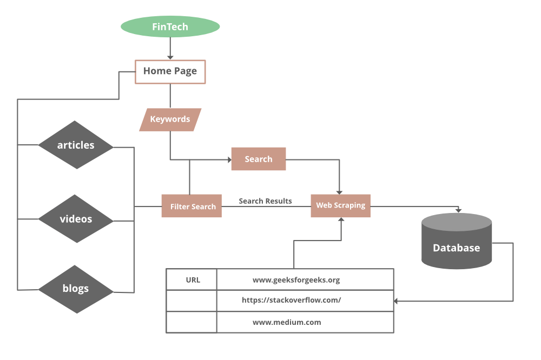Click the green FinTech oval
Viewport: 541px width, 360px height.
click(x=170, y=26)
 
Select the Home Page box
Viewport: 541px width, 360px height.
click(x=170, y=71)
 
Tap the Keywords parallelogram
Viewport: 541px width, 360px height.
click(x=170, y=119)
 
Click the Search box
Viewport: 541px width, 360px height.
click(x=258, y=159)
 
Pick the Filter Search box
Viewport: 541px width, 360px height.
click(x=192, y=206)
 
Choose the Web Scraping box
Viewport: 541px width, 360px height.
click(x=340, y=205)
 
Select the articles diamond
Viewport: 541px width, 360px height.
click(x=76, y=145)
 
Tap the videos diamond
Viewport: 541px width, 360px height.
click(x=76, y=219)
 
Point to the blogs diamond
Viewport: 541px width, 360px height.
click(x=76, y=289)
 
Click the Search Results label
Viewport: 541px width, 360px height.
click(x=265, y=201)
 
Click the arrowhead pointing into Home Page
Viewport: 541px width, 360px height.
click(x=170, y=57)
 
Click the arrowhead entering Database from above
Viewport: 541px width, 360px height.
click(x=458, y=210)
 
